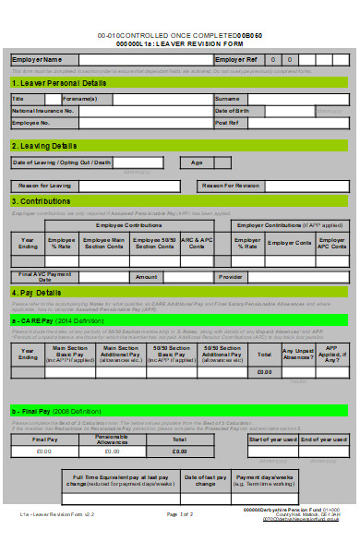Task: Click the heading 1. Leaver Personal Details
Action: point(59,83)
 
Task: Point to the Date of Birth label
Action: point(233,110)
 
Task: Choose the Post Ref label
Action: point(226,122)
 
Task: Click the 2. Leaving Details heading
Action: point(44,146)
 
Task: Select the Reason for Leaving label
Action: point(42,186)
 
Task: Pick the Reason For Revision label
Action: point(230,186)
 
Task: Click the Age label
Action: point(197,162)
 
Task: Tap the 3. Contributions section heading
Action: point(42,201)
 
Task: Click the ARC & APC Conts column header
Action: point(196,242)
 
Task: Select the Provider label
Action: point(231,276)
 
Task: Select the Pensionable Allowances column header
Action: point(112,415)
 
